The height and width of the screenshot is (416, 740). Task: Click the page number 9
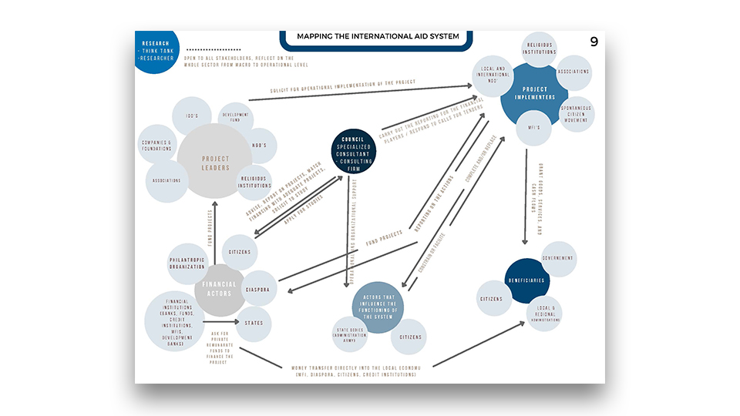pyautogui.click(x=594, y=42)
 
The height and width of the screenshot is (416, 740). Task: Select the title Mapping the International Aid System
pyautogui.click(x=378, y=36)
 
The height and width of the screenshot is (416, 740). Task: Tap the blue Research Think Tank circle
pyautogui.click(x=156, y=49)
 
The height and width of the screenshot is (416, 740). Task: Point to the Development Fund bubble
pyautogui.click(x=236, y=119)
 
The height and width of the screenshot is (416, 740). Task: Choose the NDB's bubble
pyautogui.click(x=259, y=146)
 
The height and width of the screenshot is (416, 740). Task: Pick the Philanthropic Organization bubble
pyautogui.click(x=187, y=263)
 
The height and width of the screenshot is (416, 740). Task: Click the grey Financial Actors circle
pyautogui.click(x=220, y=289)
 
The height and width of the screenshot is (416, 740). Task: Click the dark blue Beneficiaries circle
pyautogui.click(x=525, y=280)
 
